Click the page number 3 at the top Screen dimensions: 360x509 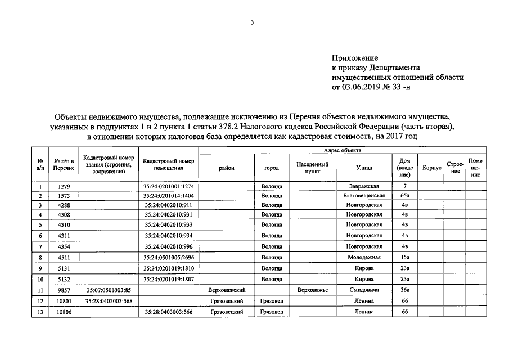(x=253, y=22)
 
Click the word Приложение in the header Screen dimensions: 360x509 (x=355, y=57)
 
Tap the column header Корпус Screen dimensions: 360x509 (x=431, y=168)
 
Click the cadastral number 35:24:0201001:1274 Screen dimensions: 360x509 (x=168, y=186)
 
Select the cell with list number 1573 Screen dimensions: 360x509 (x=64, y=195)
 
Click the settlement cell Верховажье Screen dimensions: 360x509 (x=312, y=290)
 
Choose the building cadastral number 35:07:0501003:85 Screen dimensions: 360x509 (x=109, y=290)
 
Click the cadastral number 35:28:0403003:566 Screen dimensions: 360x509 (x=168, y=312)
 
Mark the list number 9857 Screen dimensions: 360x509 (x=64, y=290)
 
